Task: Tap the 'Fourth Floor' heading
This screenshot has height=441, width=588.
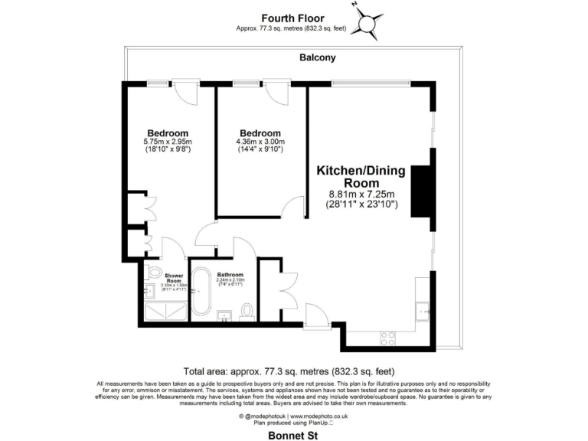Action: tap(293, 18)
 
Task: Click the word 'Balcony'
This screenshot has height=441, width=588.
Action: tap(318, 57)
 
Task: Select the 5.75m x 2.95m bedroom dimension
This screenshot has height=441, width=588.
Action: tap(168, 142)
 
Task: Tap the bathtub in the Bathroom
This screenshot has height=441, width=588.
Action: tap(202, 292)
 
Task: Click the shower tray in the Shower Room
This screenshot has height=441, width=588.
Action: tap(166, 310)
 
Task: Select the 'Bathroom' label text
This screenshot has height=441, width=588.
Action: tap(230, 275)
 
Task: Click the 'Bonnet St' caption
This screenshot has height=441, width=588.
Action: tap(292, 435)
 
